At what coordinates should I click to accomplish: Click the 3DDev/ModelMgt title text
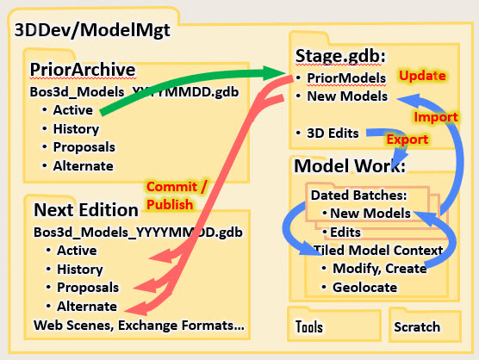point(92,31)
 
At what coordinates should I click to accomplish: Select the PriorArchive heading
point(83,70)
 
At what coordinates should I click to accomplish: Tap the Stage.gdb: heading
point(340,56)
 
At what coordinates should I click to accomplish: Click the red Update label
point(422,76)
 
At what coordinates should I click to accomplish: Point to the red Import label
point(436,116)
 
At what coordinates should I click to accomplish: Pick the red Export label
point(407,140)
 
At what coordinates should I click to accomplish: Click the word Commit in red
point(171,187)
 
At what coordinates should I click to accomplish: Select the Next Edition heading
point(86,210)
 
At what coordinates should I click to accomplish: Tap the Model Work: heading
point(350,166)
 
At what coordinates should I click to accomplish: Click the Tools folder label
point(308,326)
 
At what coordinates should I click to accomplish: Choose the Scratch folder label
point(417,327)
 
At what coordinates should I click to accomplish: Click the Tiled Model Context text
point(378,250)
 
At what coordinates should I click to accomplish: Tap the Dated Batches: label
point(359,196)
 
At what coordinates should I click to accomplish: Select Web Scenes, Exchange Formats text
point(139,326)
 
